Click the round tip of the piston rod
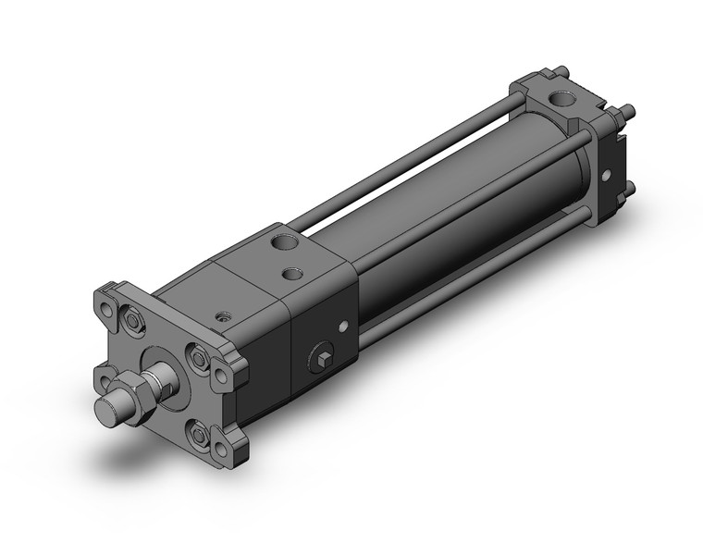click(x=104, y=410)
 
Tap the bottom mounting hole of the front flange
click(x=220, y=450)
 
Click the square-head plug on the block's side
click(x=321, y=359)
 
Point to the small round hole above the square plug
click(x=343, y=325)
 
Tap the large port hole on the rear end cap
click(x=561, y=97)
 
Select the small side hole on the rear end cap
click(x=606, y=175)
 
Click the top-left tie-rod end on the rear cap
click(x=562, y=70)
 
